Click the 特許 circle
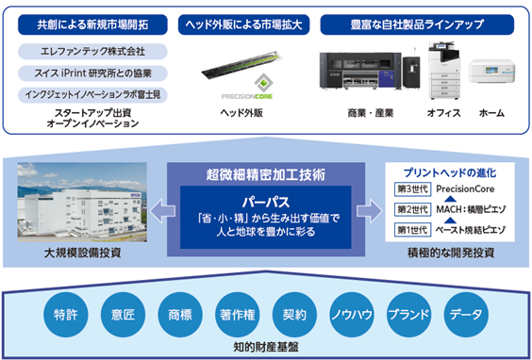pos(66,315)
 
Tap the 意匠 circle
pos(123,315)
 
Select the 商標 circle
pos(180,315)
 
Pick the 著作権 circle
pos(238,315)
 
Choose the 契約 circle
pos(294,315)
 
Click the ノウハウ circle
pos(352,315)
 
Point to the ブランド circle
pos(409,315)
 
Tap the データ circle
pos(466,315)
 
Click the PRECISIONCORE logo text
pos(247,97)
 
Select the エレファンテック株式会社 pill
pos(92,52)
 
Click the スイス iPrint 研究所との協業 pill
pos(92,74)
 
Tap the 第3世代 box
pos(412,188)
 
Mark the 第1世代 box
pos(412,230)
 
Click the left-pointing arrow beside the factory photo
pos(162,211)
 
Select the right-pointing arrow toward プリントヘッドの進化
pos(370,211)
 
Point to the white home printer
pos(491,72)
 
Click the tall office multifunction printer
pos(443,71)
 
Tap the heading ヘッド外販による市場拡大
pos(243,25)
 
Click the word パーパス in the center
pos(266,203)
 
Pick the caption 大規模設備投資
pos(82,253)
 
